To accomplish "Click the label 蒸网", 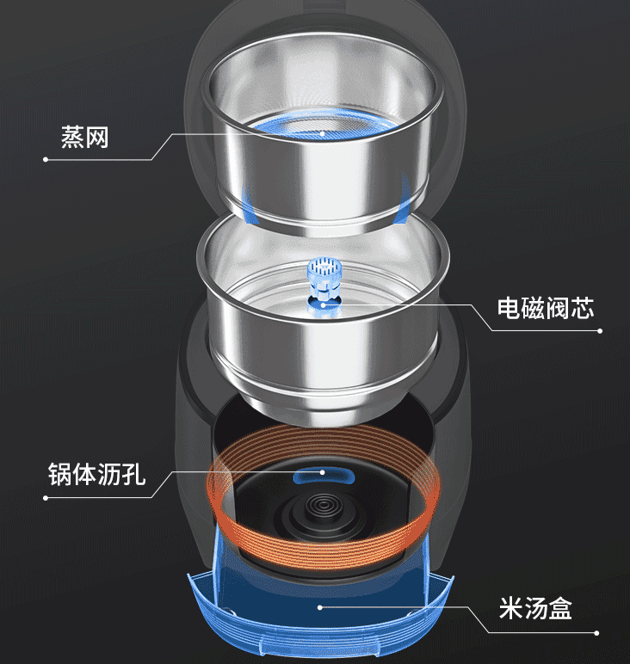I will click(85, 137).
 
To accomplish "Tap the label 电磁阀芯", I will click(546, 308).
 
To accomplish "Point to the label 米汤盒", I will click(535, 610).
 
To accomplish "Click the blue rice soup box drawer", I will click(318, 602).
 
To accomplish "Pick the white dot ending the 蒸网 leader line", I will click(45, 159).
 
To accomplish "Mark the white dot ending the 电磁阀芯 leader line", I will click(600, 330).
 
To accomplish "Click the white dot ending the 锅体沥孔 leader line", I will click(45, 497).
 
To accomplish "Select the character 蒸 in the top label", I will click(72, 137).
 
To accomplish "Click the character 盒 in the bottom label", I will click(560, 610).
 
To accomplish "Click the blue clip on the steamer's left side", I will click(244, 205).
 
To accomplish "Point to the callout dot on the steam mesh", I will click(323, 134).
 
